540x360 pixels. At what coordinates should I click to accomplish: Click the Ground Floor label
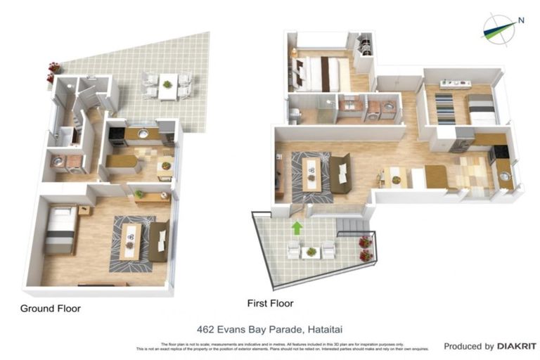50,308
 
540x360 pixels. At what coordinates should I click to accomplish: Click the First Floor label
270,304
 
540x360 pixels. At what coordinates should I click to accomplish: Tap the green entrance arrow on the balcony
297,228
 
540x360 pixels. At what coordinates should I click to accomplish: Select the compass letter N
521,20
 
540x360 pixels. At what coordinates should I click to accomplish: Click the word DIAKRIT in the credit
517,346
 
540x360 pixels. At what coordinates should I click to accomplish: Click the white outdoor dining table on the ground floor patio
167,86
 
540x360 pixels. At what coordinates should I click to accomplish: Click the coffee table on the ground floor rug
129,240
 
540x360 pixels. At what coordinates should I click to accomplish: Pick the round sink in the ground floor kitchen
143,133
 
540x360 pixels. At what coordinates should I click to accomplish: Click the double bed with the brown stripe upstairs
322,72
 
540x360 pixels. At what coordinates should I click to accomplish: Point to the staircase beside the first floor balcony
352,225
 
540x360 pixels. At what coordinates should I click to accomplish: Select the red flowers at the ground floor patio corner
53,68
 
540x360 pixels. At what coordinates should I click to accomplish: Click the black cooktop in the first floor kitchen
501,152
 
